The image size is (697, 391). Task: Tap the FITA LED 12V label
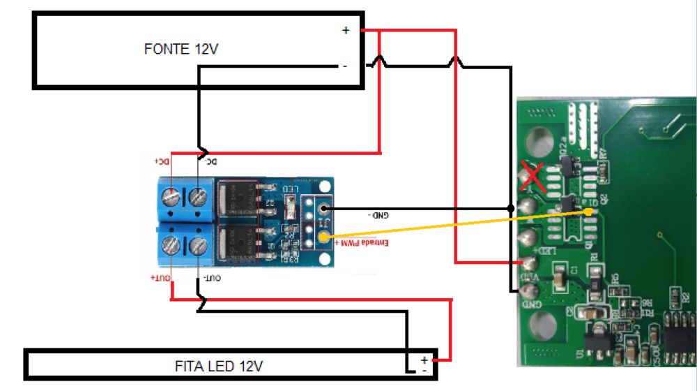tap(219, 366)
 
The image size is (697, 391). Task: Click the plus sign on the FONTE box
tap(345, 30)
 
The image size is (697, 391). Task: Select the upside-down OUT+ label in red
tap(160, 278)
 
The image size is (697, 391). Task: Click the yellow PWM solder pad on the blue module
tap(322, 237)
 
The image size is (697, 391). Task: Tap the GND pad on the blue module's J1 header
tap(322, 207)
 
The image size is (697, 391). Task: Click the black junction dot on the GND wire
tap(510, 208)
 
